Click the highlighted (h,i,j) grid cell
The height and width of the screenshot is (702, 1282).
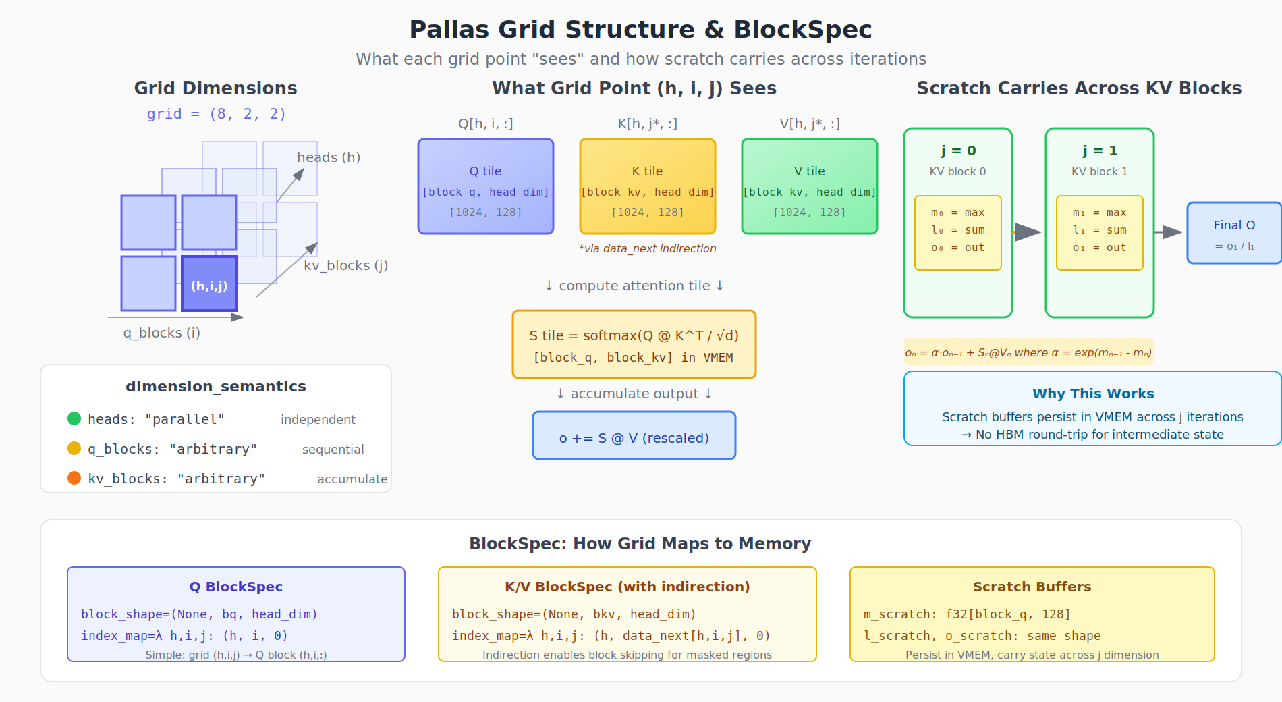[209, 283]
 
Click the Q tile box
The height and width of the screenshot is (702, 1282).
[486, 187]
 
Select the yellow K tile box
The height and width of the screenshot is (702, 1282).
[648, 187]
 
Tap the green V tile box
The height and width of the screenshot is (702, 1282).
[810, 187]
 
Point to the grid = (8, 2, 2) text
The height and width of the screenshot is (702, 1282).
[217, 114]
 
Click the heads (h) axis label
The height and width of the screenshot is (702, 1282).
[329, 157]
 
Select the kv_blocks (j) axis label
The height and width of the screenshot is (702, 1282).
[345, 265]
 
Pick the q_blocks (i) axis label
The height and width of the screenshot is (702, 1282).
[162, 333]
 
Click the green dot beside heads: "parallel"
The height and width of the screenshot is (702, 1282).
[74, 418]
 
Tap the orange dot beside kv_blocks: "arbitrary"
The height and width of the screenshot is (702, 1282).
[74, 478]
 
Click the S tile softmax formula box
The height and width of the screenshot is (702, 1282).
[634, 344]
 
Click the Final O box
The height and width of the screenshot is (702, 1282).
[1234, 233]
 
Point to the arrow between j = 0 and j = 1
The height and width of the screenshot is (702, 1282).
[1028, 232]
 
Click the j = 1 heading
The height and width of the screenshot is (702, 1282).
[1100, 151]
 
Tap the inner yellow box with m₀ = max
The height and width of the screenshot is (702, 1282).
[958, 233]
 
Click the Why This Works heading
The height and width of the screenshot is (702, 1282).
[1093, 394]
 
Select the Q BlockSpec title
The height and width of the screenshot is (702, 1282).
[236, 587]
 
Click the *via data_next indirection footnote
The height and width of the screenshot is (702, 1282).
[648, 249]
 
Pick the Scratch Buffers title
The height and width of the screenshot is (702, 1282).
[1032, 587]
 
